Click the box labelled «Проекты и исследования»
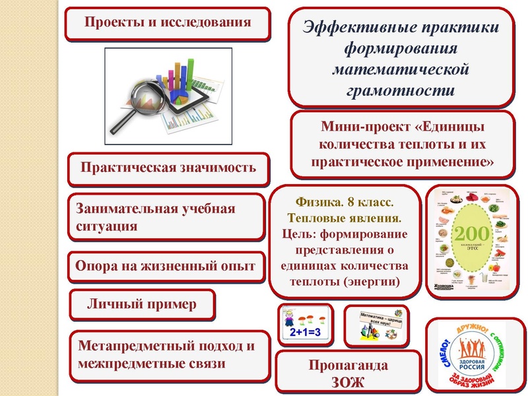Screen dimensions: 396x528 (x=168, y=22)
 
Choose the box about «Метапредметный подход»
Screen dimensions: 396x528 (x=168, y=355)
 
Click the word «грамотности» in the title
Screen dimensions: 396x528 (x=401, y=88)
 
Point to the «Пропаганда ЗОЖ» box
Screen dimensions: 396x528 (x=348, y=374)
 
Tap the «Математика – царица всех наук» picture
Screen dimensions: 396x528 (x=377, y=324)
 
